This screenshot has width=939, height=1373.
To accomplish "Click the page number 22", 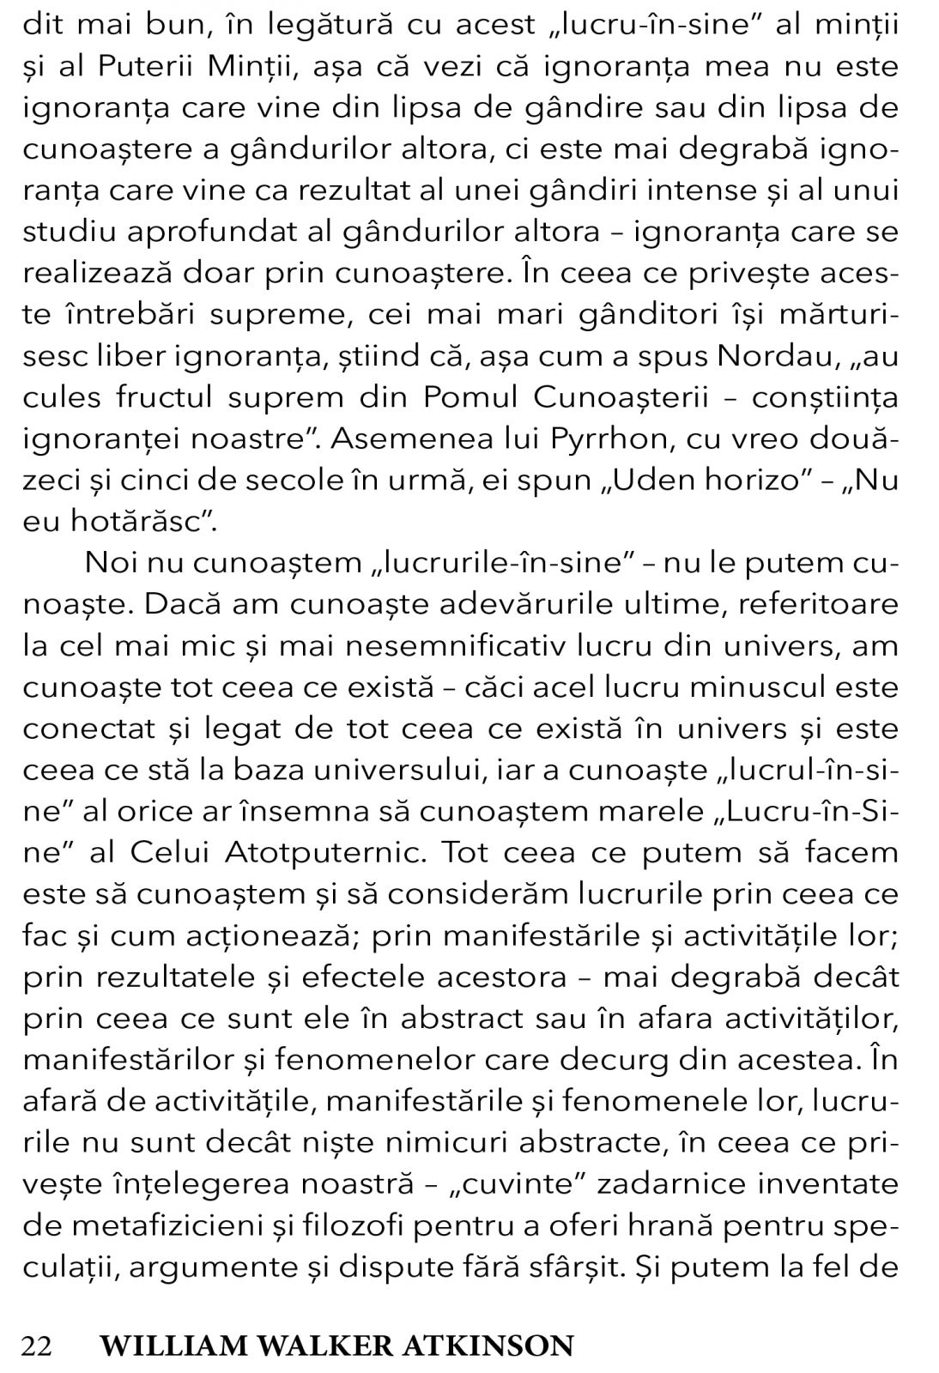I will click(x=37, y=1345).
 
